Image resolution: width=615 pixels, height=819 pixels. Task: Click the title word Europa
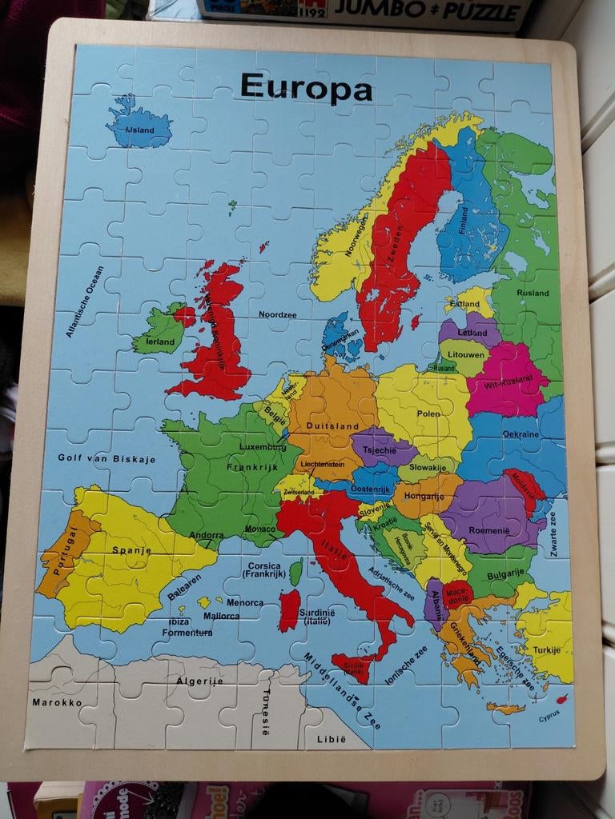click(306, 87)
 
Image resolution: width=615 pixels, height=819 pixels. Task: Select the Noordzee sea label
click(277, 314)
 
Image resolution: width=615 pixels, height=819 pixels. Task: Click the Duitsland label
click(332, 426)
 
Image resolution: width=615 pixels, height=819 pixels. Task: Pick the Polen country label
click(428, 413)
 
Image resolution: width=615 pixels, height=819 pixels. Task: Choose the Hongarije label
click(424, 496)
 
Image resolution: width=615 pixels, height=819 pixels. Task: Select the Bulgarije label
click(505, 573)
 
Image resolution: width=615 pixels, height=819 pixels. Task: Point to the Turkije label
click(548, 649)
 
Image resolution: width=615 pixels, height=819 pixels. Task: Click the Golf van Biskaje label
click(107, 459)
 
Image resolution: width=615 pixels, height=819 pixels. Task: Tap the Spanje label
click(131, 550)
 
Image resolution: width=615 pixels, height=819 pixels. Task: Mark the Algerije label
click(199, 680)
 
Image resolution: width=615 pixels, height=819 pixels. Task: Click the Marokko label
click(57, 702)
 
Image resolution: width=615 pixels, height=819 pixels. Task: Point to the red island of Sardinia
click(289, 609)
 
